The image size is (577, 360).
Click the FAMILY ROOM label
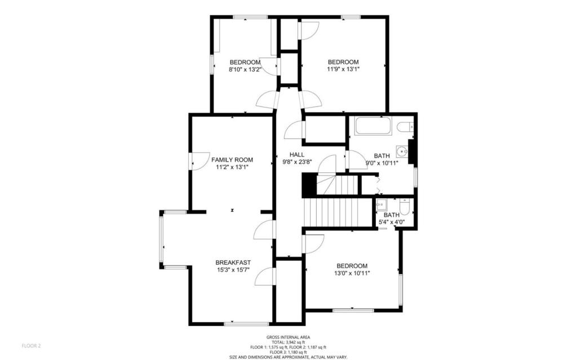(232, 160)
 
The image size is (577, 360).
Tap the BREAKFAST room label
(233, 263)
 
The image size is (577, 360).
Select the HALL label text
(297, 154)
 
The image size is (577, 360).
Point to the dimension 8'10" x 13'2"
(245, 69)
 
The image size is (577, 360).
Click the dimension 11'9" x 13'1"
(343, 69)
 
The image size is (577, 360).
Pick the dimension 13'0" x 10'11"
(352, 273)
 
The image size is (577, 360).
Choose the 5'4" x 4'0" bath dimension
(392, 222)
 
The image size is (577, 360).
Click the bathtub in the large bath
(374, 126)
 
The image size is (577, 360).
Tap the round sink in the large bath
(402, 151)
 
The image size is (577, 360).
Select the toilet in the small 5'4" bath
(404, 207)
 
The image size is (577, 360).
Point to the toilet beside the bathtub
(405, 126)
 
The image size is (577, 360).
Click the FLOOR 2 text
(32, 346)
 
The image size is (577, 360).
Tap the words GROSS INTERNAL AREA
(288, 337)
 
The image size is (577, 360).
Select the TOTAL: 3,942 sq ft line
(288, 342)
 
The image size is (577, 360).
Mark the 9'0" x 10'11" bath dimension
(382, 163)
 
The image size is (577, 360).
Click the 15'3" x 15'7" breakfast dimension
(233, 270)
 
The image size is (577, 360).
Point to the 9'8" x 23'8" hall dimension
(297, 162)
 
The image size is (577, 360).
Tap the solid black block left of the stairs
(309, 185)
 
